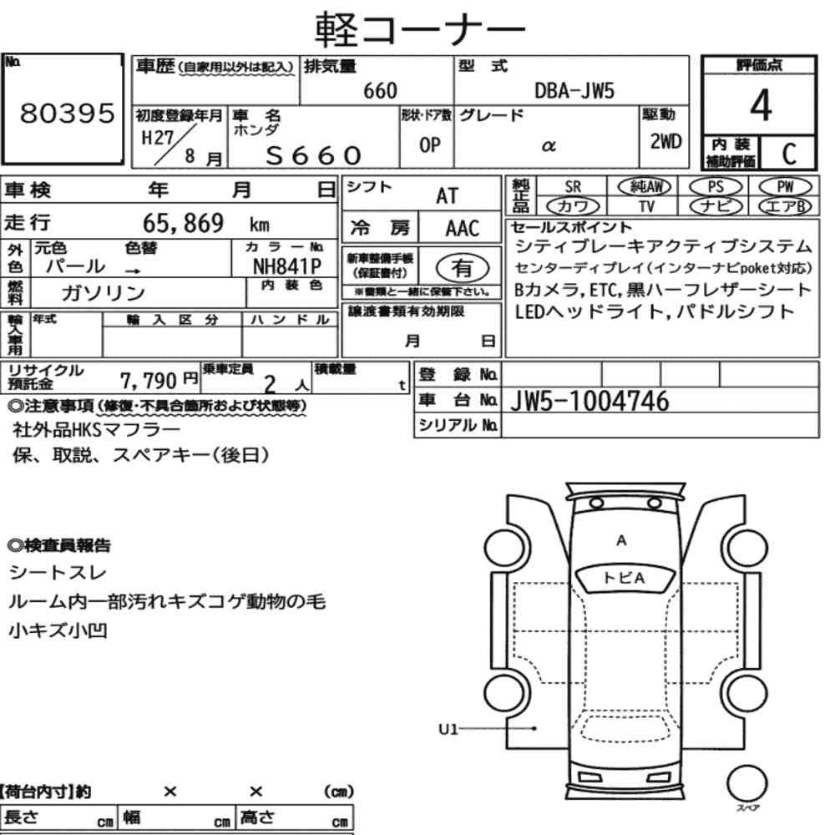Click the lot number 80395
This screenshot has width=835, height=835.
67,113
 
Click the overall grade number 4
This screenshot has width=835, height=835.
761,104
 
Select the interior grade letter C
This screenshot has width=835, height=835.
789,154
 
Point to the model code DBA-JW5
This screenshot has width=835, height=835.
574,90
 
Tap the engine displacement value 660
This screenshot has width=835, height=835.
380,90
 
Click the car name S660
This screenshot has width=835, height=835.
314,155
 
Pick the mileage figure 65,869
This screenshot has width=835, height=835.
183,223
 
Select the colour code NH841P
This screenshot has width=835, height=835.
287,266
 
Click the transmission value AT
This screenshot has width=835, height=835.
447,196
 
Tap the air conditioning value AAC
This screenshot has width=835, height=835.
463,229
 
